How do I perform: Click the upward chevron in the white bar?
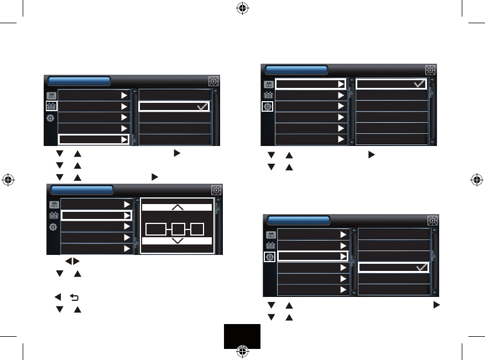click(x=177, y=207)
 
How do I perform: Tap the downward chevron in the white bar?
click(x=177, y=241)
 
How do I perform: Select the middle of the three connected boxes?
click(x=177, y=228)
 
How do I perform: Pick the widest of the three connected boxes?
click(x=156, y=228)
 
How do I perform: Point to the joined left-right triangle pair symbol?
click(x=72, y=260)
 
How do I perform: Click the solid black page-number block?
click(x=242, y=336)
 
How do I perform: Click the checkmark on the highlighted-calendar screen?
click(x=202, y=106)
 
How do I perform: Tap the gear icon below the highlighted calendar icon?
click(x=51, y=118)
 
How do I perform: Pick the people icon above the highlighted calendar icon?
click(x=51, y=95)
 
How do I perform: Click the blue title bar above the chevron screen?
click(x=82, y=190)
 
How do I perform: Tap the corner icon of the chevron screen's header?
click(x=216, y=190)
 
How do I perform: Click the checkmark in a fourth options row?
click(x=421, y=268)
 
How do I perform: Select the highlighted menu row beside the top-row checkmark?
click(x=310, y=84)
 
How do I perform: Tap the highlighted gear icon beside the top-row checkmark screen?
click(x=268, y=106)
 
